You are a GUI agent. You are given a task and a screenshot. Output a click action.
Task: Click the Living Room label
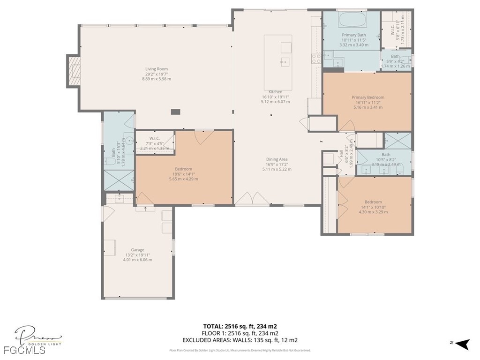pos(156,69)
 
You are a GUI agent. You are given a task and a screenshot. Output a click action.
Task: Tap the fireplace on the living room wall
pos(73,71)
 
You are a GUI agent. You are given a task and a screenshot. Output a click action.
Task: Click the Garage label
pos(137,250)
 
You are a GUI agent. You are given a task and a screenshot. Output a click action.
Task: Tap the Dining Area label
pos(277,159)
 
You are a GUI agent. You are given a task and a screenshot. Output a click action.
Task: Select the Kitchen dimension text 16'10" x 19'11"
pos(276,97)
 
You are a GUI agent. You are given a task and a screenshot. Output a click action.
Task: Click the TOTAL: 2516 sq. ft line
pos(243,326)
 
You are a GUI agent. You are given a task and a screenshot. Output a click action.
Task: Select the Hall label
pos(341,154)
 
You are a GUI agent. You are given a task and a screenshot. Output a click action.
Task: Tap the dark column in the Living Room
pos(175,112)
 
